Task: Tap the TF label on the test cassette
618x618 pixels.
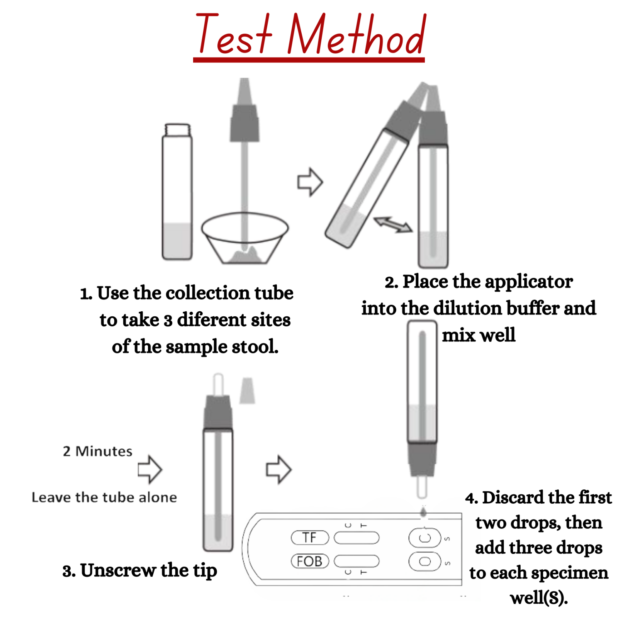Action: pyautogui.click(x=310, y=537)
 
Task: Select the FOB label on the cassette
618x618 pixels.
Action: pyautogui.click(x=310, y=561)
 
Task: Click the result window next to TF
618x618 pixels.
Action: pyautogui.click(x=356, y=537)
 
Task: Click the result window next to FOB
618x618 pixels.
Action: pyautogui.click(x=356, y=561)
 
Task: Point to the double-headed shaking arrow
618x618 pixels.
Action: pyautogui.click(x=393, y=224)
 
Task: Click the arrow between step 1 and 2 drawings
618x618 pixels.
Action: pyautogui.click(x=310, y=182)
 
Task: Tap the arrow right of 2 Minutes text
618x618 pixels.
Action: pyautogui.click(x=150, y=469)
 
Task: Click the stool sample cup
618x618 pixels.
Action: pyautogui.click(x=245, y=238)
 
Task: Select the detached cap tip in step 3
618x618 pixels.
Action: pyautogui.click(x=247, y=391)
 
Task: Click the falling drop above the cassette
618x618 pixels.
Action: pyautogui.click(x=423, y=513)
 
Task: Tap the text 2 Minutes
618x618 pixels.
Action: pyautogui.click(x=97, y=451)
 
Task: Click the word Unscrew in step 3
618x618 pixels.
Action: pyautogui.click(x=118, y=570)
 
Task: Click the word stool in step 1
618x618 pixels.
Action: pyautogui.click(x=255, y=346)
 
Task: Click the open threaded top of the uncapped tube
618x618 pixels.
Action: pyautogui.click(x=177, y=130)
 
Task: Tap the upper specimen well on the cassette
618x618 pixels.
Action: pyautogui.click(x=424, y=538)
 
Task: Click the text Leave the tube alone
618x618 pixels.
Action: pyautogui.click(x=104, y=497)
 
